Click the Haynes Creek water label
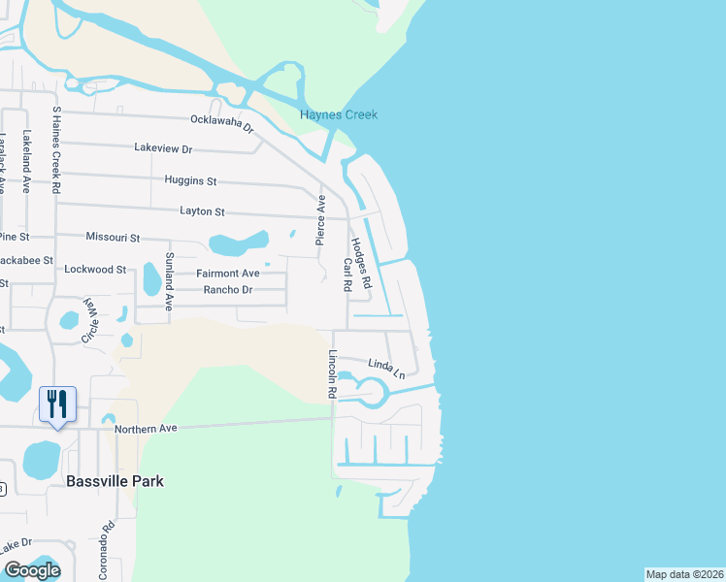click(339, 115)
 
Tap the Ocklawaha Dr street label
click(221, 123)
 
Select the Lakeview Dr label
click(164, 148)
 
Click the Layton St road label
click(202, 211)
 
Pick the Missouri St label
click(113, 238)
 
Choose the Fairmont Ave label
click(228, 274)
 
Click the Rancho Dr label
click(227, 290)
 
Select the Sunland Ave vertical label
click(169, 280)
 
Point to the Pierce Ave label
click(320, 219)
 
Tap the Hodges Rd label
click(361, 264)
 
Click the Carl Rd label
click(346, 276)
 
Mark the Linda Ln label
click(385, 367)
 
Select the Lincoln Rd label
click(332, 374)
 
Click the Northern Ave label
click(147, 429)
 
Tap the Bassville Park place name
click(115, 480)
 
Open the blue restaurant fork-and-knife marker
click(56, 404)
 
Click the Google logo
click(33, 570)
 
